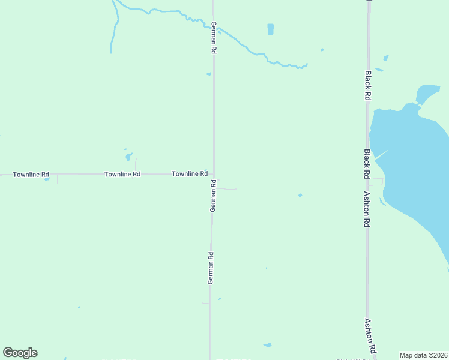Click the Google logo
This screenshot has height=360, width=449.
coord(20,353)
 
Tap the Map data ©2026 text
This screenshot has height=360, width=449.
coord(424,355)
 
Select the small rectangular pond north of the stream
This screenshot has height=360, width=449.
coord(270,29)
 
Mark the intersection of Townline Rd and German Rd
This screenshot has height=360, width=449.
coord(214,174)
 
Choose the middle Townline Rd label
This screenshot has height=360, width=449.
coord(122,174)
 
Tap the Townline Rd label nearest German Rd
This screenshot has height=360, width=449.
coord(190,173)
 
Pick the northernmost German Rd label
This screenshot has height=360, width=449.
coord(213,38)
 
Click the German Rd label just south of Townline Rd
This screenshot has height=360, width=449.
coord(212,195)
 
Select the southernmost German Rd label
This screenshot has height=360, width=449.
coord(211,268)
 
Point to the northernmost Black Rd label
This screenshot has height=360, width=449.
coord(367,80)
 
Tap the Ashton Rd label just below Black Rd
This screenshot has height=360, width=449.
coord(366,209)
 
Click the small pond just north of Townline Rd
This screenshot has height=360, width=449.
coord(128,157)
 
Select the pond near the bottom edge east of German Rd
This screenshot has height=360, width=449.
coord(267,345)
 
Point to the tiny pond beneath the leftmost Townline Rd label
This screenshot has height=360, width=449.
coord(47,179)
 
